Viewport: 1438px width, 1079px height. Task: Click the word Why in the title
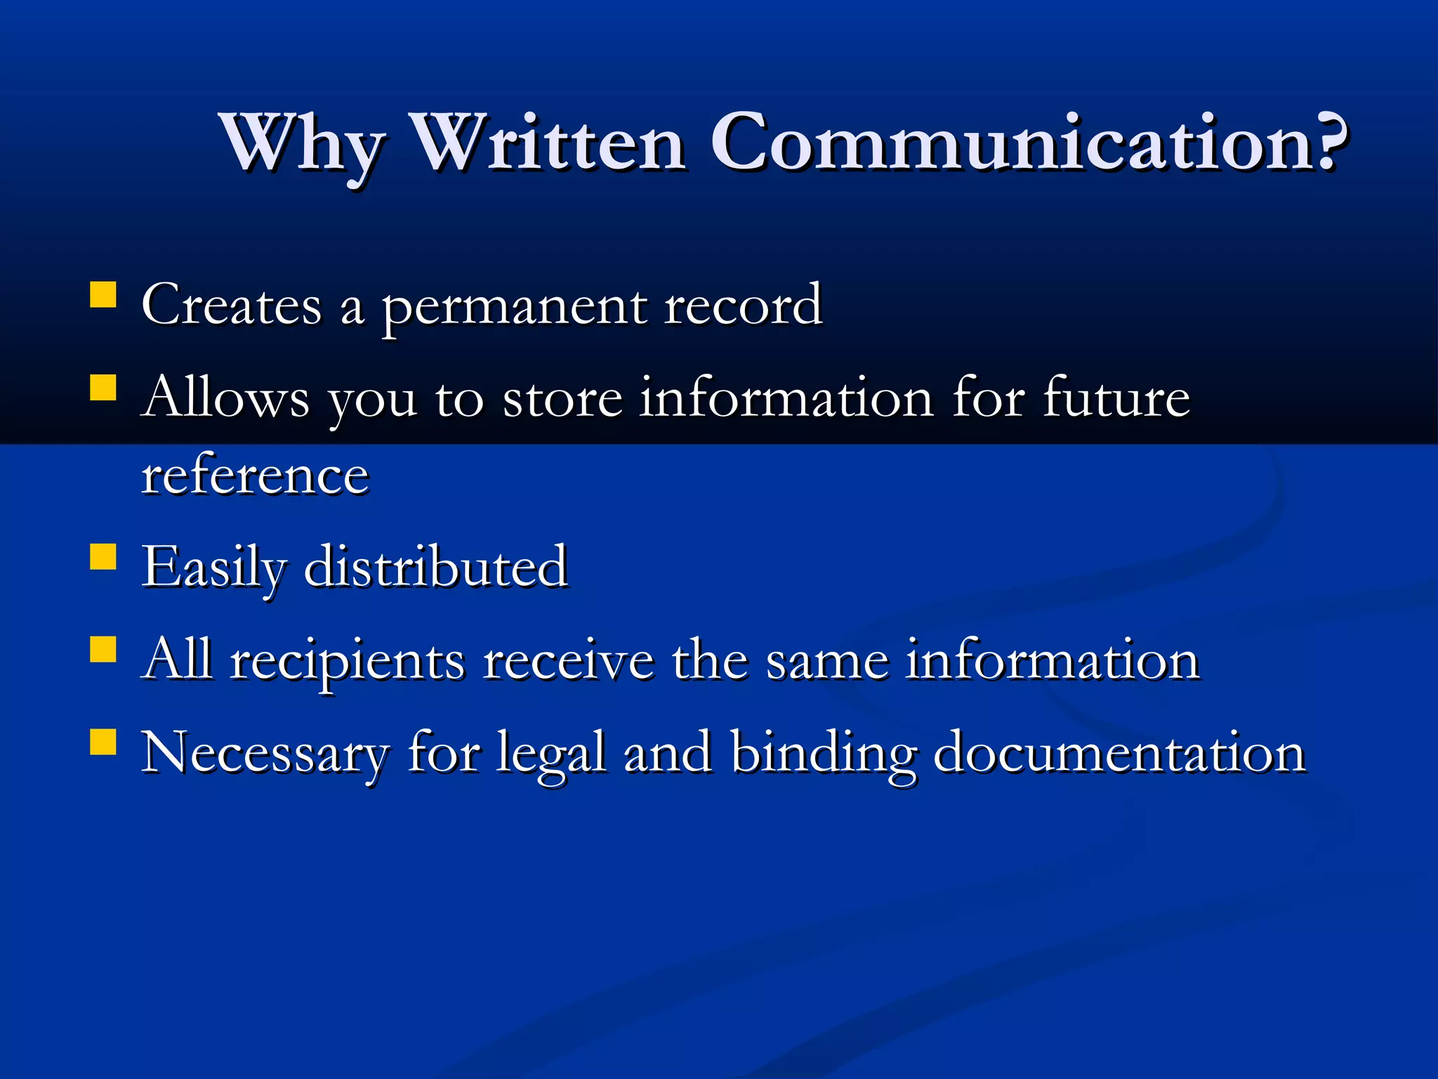303,144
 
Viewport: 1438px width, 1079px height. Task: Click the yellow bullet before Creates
103,295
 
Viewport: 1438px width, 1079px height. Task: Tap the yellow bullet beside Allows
103,387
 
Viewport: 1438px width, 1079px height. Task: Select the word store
562,398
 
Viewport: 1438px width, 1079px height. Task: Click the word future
1116,398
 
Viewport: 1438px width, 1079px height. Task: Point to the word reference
255,476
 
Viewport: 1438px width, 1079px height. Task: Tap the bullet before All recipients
103,649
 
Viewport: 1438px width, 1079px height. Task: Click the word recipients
348,662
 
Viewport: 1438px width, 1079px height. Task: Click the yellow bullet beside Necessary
103,741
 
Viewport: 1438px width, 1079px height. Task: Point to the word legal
551,754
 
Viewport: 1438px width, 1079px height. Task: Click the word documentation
1119,752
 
